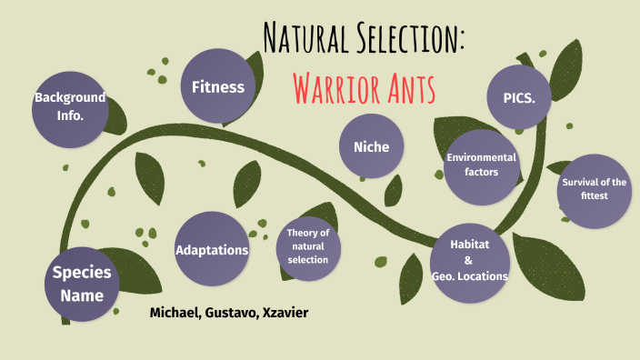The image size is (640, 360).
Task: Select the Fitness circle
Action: pyautogui.click(x=217, y=87)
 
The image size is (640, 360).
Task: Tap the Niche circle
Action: pyautogui.click(x=371, y=147)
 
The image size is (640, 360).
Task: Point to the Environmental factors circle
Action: pyautogui.click(x=481, y=165)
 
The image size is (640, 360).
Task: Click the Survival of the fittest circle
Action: pyautogui.click(x=594, y=189)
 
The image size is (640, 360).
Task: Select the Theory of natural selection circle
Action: pyautogui.click(x=307, y=247)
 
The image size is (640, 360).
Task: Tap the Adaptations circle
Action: pyautogui.click(x=212, y=250)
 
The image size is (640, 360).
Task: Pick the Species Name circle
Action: pyautogui.click(x=82, y=284)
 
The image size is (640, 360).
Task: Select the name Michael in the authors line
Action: pyautogui.click(x=174, y=313)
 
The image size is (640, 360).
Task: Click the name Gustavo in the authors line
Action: pyautogui.click(x=231, y=313)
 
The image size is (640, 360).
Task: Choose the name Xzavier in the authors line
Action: pyautogui.click(x=285, y=313)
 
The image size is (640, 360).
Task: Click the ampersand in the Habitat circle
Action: pyautogui.click(x=469, y=261)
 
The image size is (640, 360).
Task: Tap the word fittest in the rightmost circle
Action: pyautogui.click(x=594, y=195)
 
